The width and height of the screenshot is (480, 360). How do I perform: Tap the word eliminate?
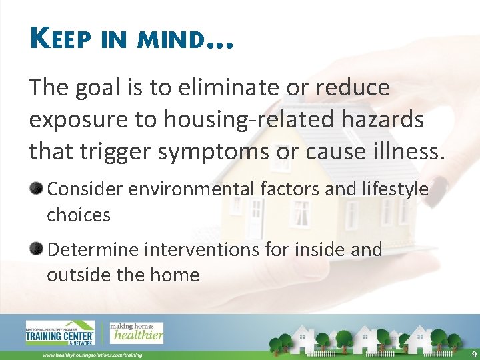223,88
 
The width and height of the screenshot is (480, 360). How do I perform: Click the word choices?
79,215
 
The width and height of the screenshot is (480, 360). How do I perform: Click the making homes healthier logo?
136,332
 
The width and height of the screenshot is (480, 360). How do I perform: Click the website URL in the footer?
93,355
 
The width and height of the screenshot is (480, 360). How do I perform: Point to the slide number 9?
473,354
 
